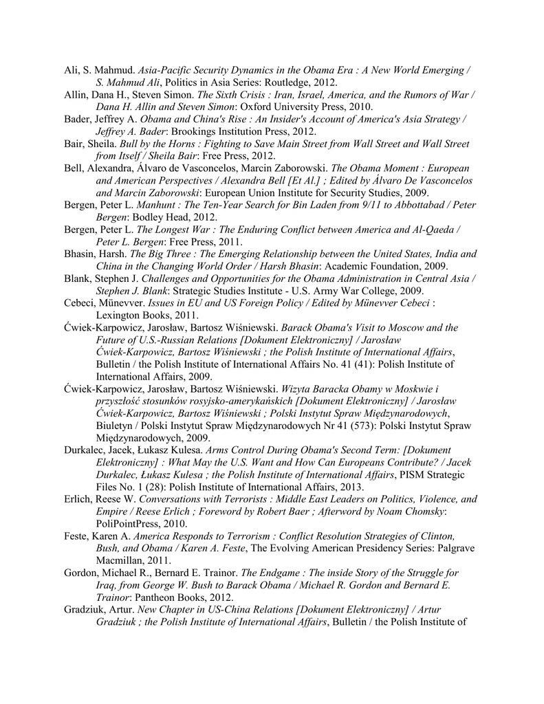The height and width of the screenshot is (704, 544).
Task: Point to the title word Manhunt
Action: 157,205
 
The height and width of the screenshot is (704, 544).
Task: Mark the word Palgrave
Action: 435,549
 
